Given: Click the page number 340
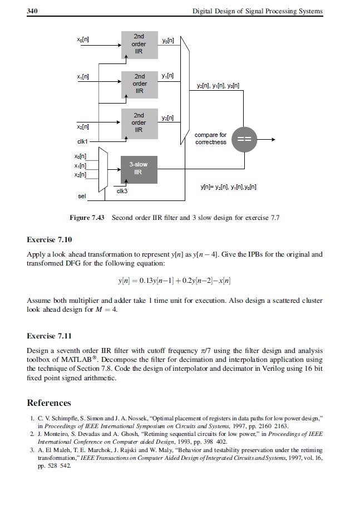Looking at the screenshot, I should (32, 11).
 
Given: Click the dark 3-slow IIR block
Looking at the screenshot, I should (139, 169).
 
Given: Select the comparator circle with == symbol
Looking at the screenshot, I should (245, 139).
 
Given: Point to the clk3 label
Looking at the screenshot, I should (122, 192).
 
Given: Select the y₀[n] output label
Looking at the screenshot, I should (167, 41).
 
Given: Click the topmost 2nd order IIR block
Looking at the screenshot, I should (139, 44).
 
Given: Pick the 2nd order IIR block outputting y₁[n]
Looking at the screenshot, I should (139, 84).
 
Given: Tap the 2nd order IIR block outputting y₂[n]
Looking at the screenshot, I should (139, 123).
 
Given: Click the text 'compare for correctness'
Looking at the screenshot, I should (210, 139).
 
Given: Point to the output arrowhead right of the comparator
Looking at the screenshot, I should (272, 139).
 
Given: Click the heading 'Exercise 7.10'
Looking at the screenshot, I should (50, 240).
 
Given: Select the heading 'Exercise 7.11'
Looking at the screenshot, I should (50, 336).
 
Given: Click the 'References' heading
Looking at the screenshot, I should (49, 403).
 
